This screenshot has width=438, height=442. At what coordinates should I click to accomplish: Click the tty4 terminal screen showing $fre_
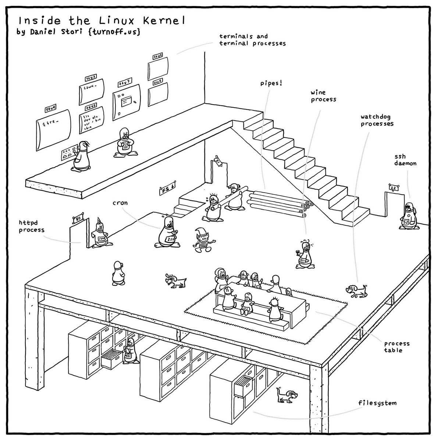[x=53, y=127]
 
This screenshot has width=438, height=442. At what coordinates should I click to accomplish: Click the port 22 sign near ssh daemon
[x=393, y=187]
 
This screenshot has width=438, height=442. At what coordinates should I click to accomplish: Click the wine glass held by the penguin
[x=297, y=252]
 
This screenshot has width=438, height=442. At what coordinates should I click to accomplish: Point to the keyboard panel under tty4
[x=68, y=154]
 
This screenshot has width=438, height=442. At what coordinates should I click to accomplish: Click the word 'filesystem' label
[x=377, y=403]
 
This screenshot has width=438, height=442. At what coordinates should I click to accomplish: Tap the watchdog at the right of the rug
[x=356, y=290]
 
